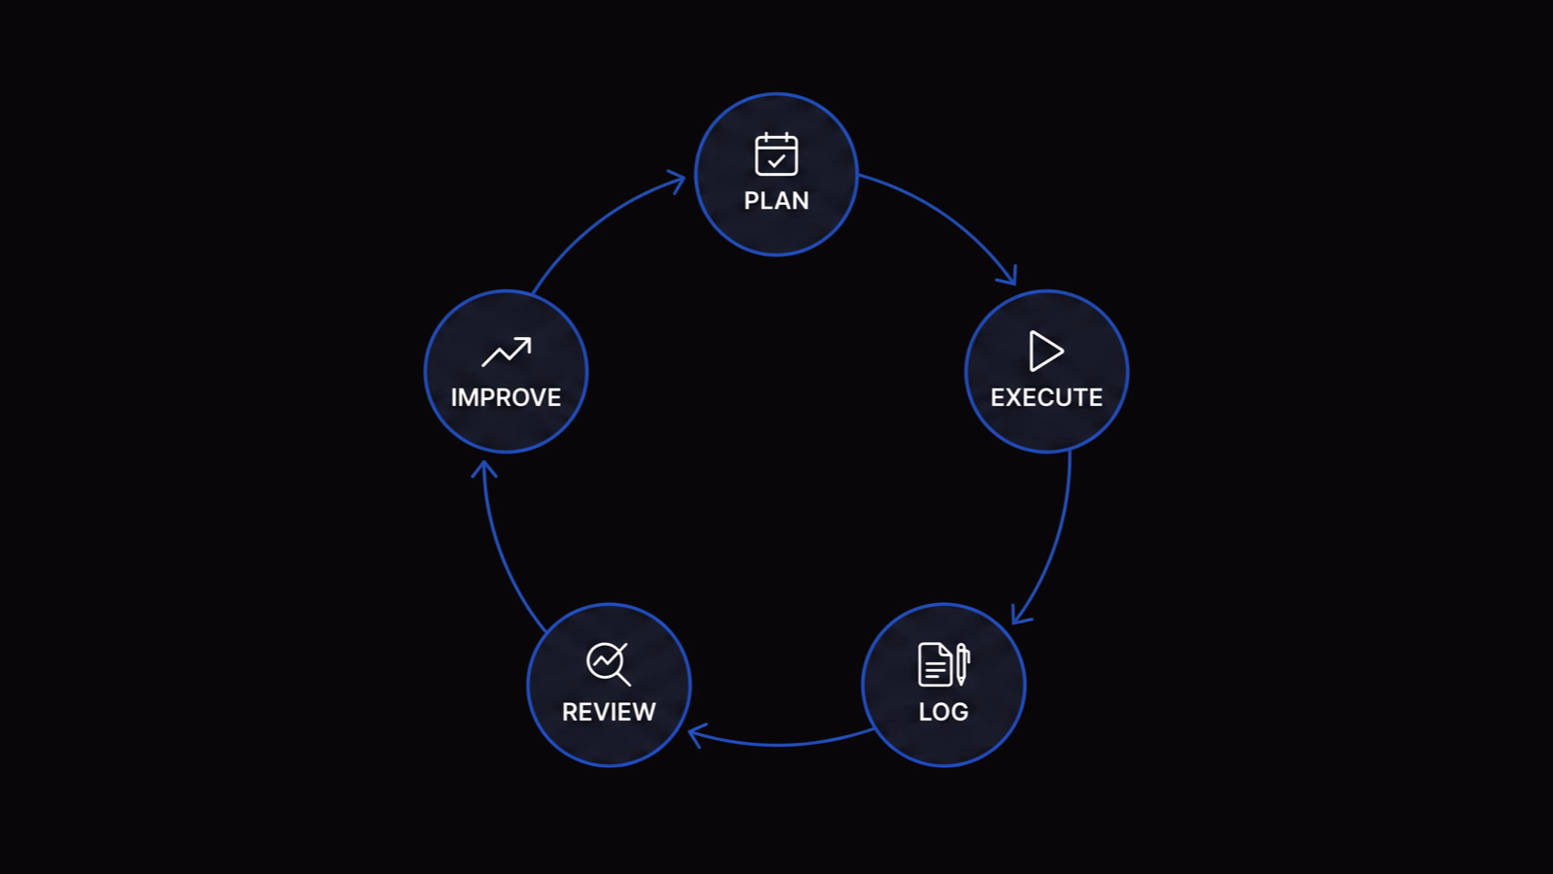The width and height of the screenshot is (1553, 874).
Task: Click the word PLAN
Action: coord(776,200)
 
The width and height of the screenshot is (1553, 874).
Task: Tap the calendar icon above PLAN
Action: coord(776,154)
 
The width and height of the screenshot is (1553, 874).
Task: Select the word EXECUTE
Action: coord(1046,397)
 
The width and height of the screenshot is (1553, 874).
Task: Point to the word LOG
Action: coord(942,712)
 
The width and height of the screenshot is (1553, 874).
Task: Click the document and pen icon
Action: coord(943,664)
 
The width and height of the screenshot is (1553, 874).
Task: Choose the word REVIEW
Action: coord(609,712)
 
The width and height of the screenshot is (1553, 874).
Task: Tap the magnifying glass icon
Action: coord(609,664)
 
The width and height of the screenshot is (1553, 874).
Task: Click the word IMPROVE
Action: coord(506,397)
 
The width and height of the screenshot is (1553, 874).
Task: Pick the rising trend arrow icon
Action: coord(507,352)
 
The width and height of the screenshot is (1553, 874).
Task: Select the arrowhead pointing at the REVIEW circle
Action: coord(696,734)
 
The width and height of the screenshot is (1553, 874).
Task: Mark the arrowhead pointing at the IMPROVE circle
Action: coord(484,469)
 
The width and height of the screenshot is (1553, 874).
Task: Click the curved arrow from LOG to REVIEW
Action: coord(780,744)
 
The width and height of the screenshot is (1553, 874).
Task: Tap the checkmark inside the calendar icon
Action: coord(776,161)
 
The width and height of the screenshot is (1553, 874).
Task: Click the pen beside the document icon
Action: coord(962,664)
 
